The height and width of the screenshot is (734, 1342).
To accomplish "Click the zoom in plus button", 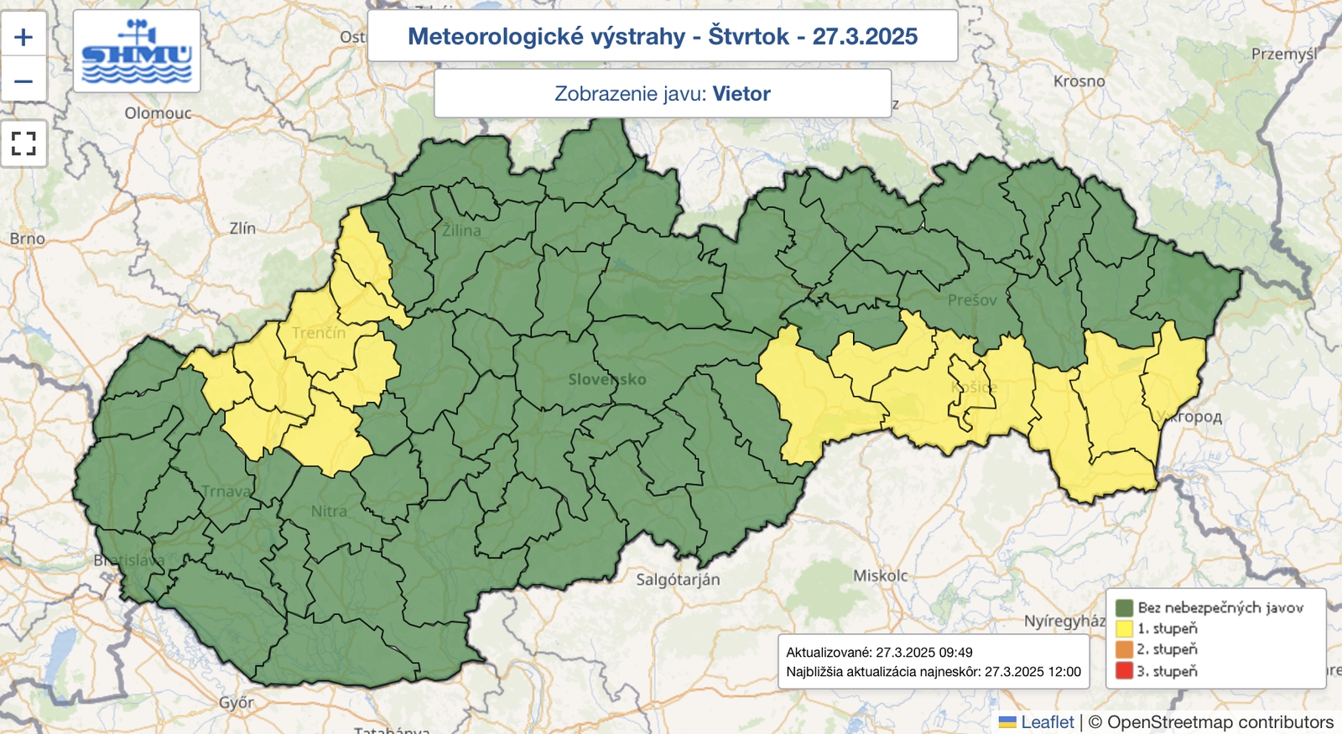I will click(x=23, y=36).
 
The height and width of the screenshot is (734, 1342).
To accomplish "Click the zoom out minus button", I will click(x=23, y=81).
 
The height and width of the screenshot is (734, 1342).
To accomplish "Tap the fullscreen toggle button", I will click(x=23, y=143).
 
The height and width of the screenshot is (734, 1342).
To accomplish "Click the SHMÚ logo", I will click(x=137, y=52).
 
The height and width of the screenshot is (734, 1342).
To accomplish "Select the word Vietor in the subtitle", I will click(x=741, y=94).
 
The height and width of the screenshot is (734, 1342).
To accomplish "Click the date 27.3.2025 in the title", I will click(x=865, y=37).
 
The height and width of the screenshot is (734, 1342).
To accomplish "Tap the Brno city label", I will click(x=28, y=239).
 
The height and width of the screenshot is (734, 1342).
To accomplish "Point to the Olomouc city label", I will click(x=158, y=113).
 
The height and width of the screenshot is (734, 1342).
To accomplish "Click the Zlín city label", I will click(x=242, y=228).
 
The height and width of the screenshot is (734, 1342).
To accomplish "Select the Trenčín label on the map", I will click(x=319, y=333).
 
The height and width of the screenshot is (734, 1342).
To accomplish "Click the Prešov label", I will click(x=973, y=300).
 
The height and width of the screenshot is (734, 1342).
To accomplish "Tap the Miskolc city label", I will click(x=881, y=575).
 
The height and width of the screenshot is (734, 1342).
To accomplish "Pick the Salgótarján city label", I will click(x=678, y=580).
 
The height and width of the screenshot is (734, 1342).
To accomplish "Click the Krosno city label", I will click(x=1079, y=81).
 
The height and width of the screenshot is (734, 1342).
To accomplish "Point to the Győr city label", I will click(x=236, y=703).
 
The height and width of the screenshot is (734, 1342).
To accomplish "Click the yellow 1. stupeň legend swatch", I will click(x=1124, y=628).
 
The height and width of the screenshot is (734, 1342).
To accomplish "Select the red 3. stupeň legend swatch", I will click(x=1124, y=671).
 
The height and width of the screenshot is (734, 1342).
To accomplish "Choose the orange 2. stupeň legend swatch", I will click(x=1124, y=649).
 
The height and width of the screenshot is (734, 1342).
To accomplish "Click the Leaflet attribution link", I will click(x=1047, y=722).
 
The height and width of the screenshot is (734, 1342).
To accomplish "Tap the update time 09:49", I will click(x=956, y=653).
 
